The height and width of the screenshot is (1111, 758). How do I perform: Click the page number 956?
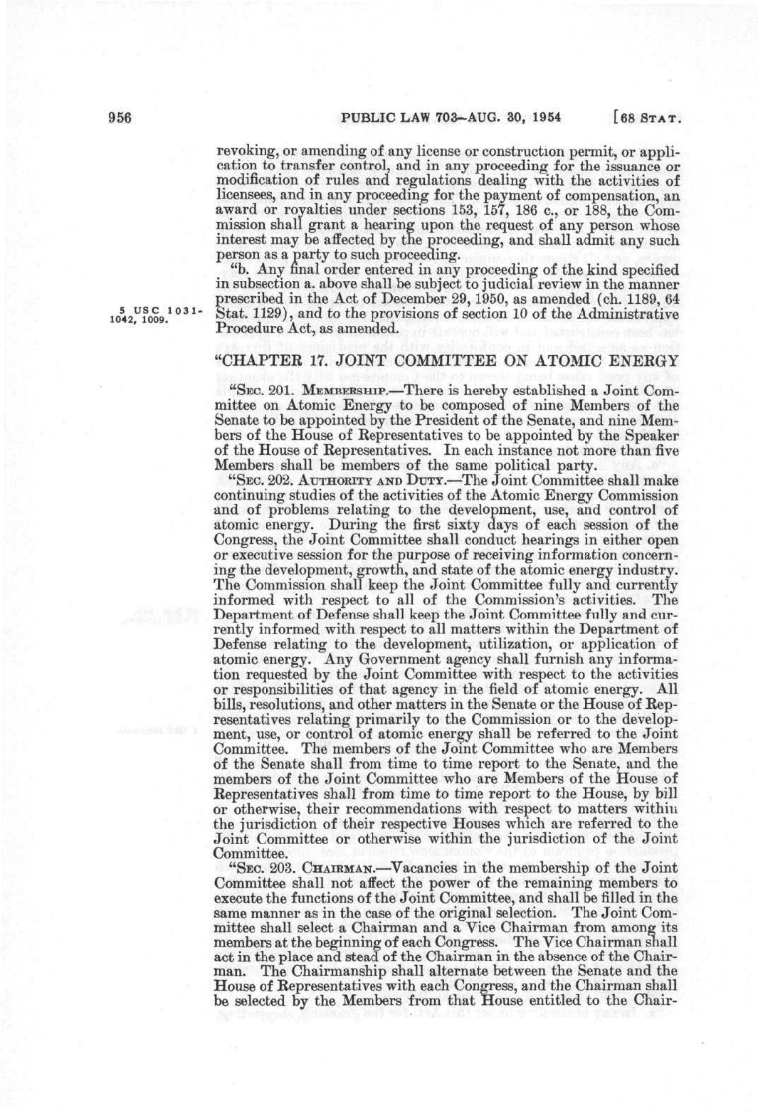click(x=122, y=118)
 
